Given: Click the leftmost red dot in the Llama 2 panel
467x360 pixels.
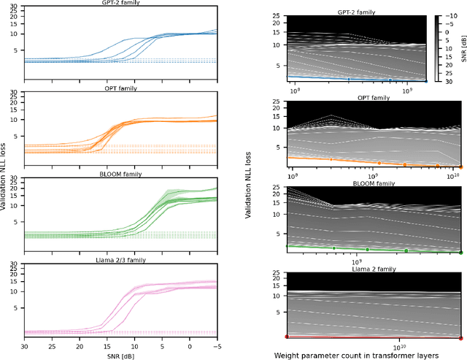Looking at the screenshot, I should [x=287, y=337].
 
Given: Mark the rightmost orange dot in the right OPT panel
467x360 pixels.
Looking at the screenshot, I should [x=460, y=167].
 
